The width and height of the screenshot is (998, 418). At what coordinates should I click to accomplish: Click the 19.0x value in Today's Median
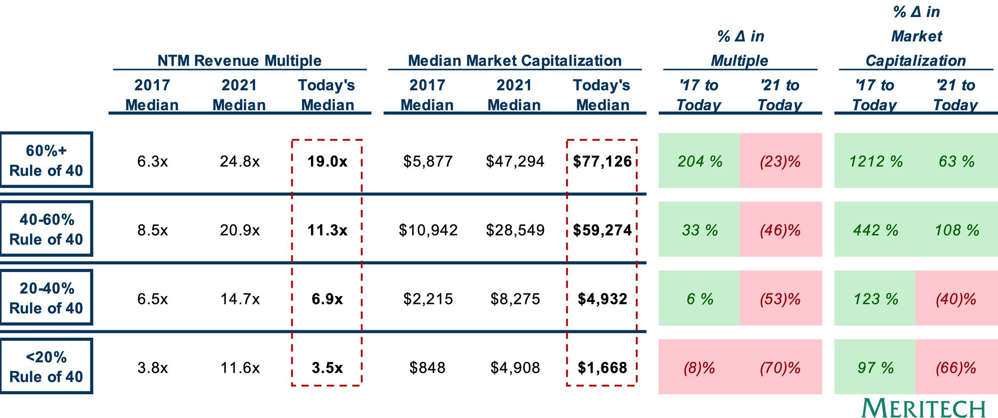(327, 161)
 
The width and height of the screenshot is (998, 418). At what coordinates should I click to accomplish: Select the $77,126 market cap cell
(602, 161)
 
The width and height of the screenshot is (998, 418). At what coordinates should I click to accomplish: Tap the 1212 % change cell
(876, 161)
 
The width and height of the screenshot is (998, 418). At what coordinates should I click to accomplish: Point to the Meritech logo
(924, 408)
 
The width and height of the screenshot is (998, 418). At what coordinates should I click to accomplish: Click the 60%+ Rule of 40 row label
(46, 160)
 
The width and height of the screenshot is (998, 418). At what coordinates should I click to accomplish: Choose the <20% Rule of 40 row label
(46, 366)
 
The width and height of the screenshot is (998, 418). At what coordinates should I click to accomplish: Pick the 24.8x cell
(240, 161)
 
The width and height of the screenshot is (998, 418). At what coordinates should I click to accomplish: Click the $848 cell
(427, 368)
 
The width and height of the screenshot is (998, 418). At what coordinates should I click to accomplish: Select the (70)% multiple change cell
(780, 368)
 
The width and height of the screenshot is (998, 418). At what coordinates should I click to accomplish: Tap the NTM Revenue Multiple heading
(240, 61)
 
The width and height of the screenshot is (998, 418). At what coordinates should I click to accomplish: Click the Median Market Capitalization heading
(515, 61)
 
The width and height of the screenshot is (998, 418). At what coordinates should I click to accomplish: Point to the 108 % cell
(957, 230)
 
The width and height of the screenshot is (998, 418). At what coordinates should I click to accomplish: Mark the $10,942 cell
(428, 230)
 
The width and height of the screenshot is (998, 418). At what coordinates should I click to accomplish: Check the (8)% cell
(699, 368)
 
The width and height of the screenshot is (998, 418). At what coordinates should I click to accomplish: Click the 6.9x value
(327, 299)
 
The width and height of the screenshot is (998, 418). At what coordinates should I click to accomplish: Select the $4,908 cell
(515, 368)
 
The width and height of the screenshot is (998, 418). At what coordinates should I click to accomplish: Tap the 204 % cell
(700, 161)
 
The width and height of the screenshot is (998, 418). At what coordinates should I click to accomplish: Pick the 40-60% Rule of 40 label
(46, 229)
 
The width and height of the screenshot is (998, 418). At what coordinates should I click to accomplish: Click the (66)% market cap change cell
(956, 368)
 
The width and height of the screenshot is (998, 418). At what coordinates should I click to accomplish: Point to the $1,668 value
(602, 368)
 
